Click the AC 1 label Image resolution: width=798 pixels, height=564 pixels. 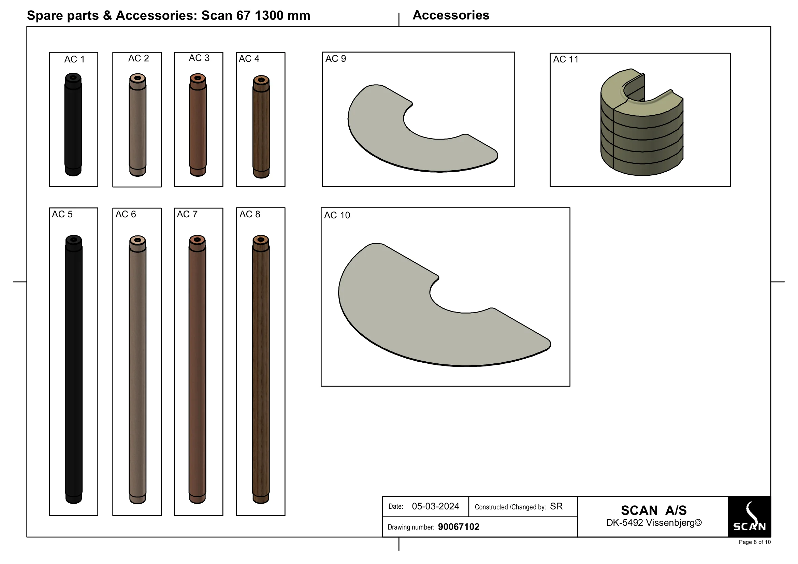click(x=74, y=59)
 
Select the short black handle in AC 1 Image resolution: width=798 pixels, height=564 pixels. click(x=73, y=125)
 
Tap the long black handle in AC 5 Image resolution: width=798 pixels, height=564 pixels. click(x=73, y=369)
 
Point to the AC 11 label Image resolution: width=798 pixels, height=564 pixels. click(x=566, y=59)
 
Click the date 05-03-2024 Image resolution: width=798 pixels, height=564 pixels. click(x=435, y=506)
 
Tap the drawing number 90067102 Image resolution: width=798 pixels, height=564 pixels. click(x=459, y=527)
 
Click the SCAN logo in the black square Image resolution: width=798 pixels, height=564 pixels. click(x=749, y=517)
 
